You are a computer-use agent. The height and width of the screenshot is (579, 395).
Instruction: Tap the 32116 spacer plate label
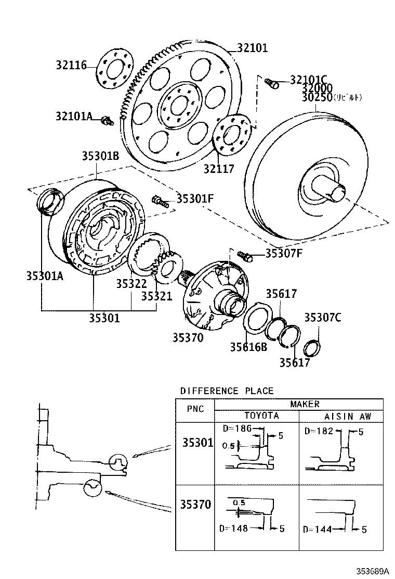click(72, 65)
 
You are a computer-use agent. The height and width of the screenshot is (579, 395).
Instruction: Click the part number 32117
click(218, 169)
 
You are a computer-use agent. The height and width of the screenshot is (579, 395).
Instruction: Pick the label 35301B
click(100, 156)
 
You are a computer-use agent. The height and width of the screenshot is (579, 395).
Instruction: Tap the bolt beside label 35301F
click(159, 200)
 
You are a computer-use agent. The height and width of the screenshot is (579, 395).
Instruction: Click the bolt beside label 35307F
click(245, 255)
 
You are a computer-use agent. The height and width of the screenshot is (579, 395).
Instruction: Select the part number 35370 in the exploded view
click(188, 337)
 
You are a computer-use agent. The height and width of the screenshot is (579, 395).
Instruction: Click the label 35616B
click(249, 346)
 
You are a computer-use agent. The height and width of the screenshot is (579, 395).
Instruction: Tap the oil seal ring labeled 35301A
click(50, 202)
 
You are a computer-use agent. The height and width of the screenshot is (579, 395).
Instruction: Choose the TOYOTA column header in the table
click(261, 416)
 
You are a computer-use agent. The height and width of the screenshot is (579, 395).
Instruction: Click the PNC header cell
click(195, 409)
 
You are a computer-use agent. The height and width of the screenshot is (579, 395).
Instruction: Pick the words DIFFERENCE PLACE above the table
click(227, 391)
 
